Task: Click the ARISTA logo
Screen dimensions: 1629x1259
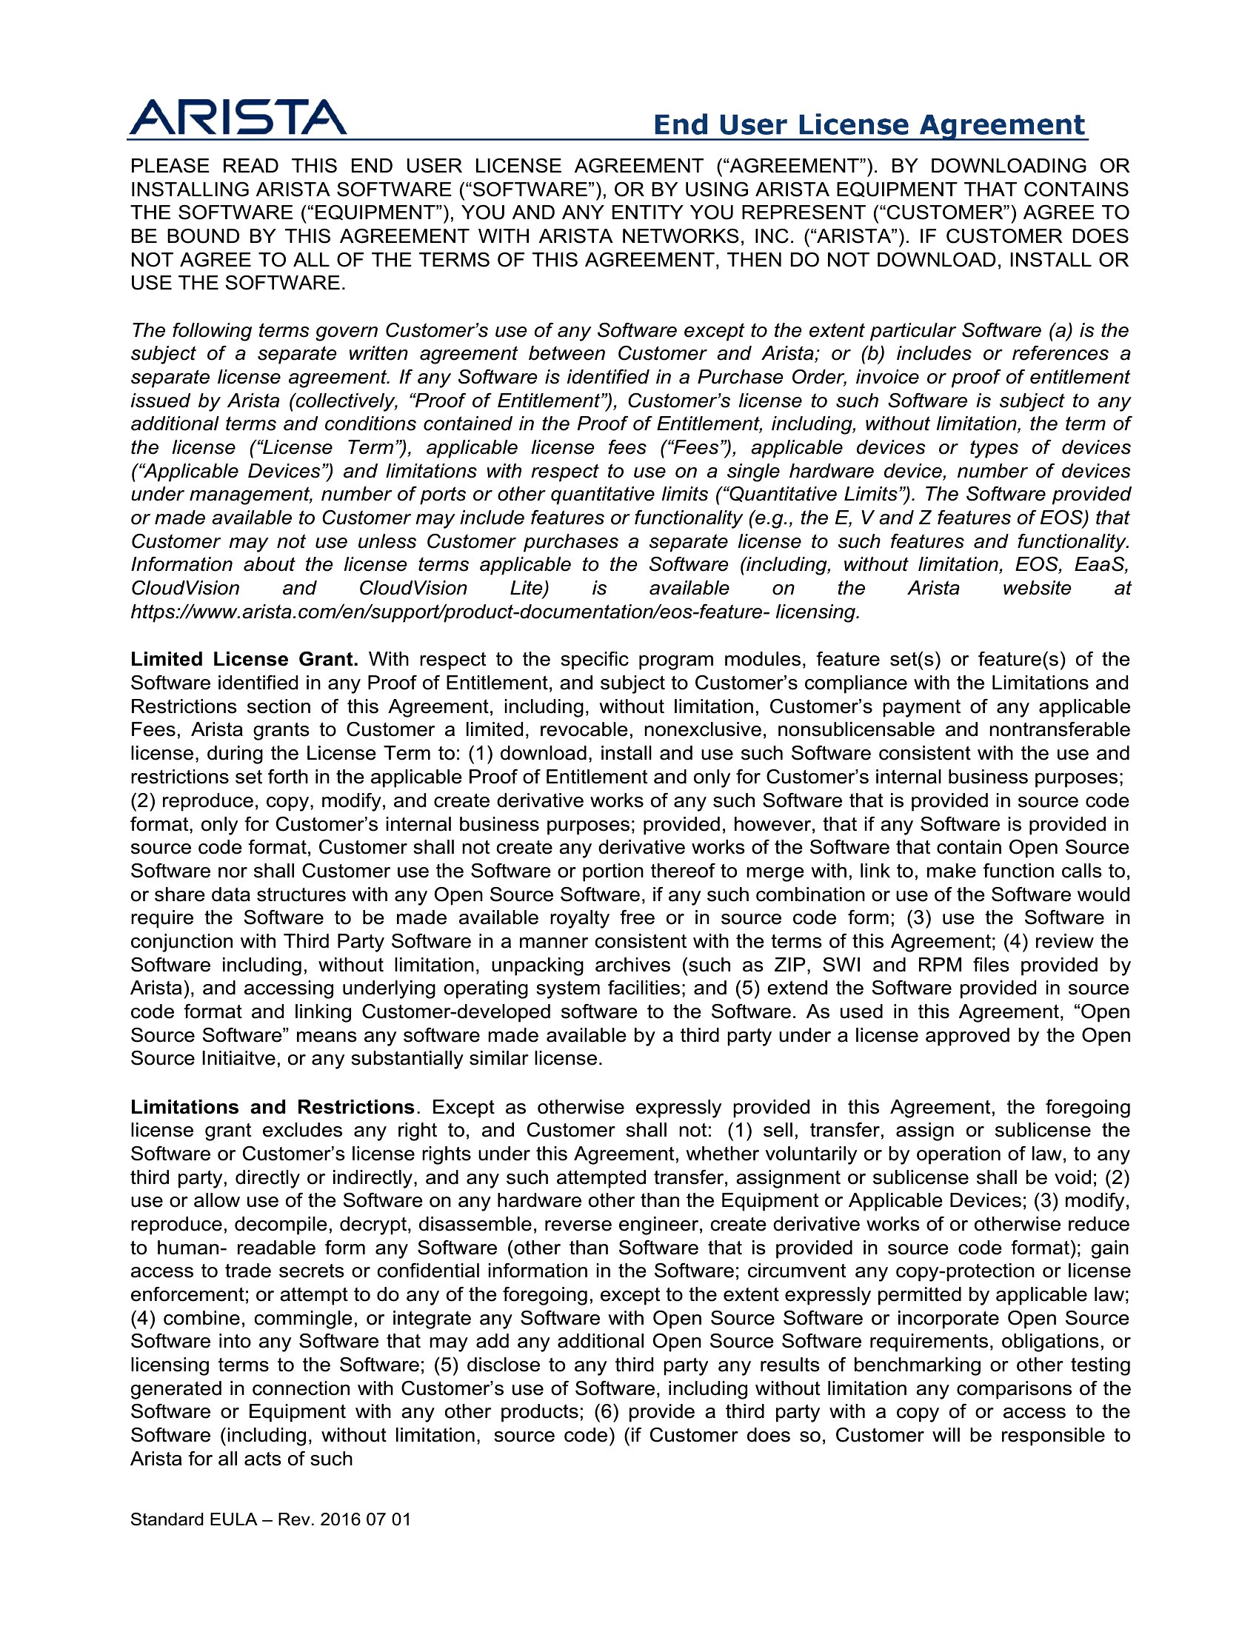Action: tap(237, 118)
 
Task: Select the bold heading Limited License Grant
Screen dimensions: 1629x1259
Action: tap(244, 659)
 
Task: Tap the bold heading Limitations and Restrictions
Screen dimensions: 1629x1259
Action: tap(273, 1107)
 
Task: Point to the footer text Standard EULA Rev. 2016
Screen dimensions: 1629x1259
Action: tap(270, 1520)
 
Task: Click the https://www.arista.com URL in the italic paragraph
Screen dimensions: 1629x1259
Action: tap(495, 612)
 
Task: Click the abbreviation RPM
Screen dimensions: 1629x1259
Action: tap(940, 965)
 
